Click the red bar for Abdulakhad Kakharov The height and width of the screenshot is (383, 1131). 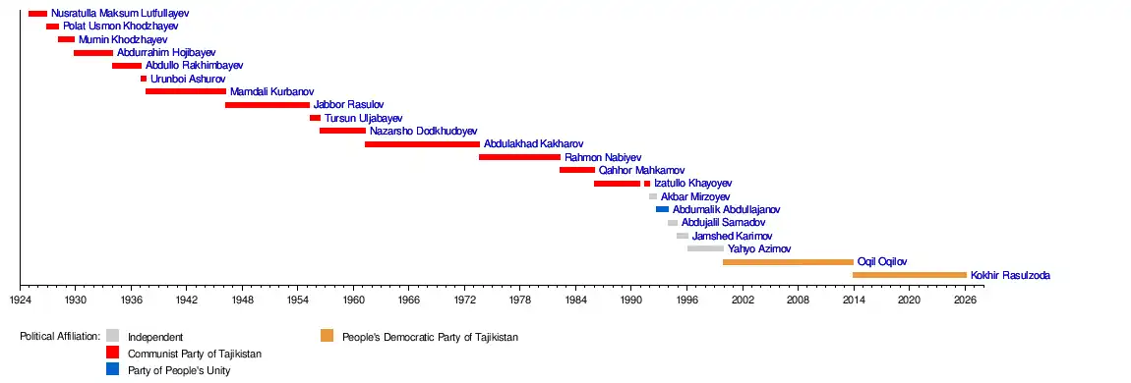tap(422, 144)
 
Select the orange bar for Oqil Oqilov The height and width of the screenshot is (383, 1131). tap(788, 262)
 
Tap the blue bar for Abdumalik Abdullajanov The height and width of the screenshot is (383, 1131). tap(662, 209)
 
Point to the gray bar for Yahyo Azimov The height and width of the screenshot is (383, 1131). tap(705, 248)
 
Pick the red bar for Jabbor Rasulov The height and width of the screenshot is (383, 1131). tap(268, 105)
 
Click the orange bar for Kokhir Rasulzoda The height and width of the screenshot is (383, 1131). tap(910, 275)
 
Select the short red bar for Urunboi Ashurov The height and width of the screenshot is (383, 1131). tap(144, 79)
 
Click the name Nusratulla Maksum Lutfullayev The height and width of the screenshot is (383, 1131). tap(120, 13)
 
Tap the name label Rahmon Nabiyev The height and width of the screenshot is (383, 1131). tap(603, 157)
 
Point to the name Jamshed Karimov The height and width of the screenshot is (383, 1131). tap(732, 236)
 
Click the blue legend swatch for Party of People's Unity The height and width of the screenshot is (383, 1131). tap(112, 369)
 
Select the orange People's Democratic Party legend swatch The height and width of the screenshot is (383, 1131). tap(327, 336)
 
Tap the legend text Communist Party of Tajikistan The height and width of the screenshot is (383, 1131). tap(195, 354)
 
